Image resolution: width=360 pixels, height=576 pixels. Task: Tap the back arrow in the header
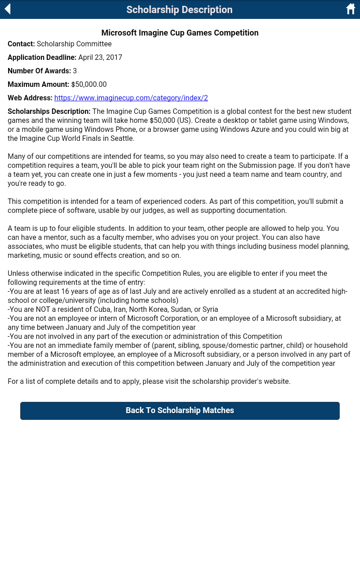(x=8, y=9)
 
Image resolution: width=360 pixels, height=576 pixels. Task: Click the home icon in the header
(x=351, y=9)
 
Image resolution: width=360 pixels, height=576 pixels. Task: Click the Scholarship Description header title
(x=180, y=9)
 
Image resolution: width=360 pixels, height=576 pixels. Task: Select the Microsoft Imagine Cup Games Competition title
(x=180, y=33)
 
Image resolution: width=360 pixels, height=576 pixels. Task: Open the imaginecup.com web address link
(x=131, y=98)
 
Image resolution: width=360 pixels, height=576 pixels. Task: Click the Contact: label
(x=21, y=44)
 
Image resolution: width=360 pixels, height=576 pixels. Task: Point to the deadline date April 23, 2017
(x=100, y=57)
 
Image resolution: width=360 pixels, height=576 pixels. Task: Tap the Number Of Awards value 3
(x=75, y=71)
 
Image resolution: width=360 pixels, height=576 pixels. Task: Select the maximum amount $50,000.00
(x=89, y=84)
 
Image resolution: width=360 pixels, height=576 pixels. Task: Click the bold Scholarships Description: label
(x=49, y=111)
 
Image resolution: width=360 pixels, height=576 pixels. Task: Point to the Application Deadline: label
(x=42, y=57)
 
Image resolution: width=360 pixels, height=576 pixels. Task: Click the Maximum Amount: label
(x=38, y=84)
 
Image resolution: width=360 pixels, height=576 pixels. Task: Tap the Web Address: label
(x=30, y=98)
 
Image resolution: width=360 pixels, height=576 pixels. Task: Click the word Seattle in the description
(x=121, y=138)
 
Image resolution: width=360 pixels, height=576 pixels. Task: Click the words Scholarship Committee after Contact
(x=74, y=44)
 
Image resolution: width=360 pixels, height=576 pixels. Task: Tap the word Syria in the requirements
(x=210, y=309)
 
